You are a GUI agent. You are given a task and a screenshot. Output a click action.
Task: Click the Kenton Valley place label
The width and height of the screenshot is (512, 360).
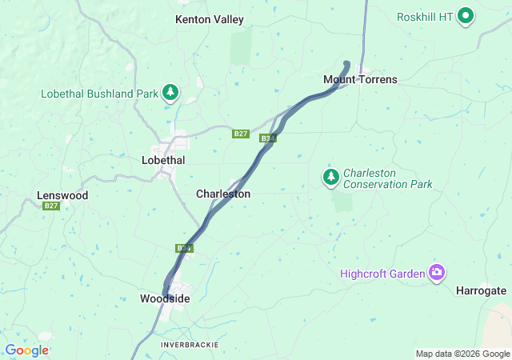pyautogui.click(x=210, y=19)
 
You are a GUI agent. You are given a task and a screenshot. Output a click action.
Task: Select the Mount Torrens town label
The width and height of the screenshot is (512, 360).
pyautogui.click(x=360, y=79)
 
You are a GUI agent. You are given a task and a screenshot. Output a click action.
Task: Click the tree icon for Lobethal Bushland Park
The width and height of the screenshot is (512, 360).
pyautogui.click(x=170, y=94)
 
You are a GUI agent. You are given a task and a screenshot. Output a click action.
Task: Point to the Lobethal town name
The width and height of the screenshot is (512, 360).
pyautogui.click(x=163, y=160)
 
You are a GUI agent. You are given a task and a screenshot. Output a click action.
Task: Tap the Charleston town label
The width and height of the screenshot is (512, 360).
pyautogui.click(x=223, y=194)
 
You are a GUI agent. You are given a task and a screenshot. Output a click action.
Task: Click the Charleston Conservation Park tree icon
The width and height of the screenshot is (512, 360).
pyautogui.click(x=330, y=177)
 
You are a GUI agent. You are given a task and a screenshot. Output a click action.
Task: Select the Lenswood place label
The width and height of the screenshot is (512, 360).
pyautogui.click(x=62, y=195)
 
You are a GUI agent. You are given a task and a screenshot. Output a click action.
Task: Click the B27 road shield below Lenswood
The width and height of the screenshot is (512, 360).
pyautogui.click(x=51, y=206)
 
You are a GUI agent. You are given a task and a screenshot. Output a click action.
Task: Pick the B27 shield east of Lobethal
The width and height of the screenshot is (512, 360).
pyautogui.click(x=241, y=134)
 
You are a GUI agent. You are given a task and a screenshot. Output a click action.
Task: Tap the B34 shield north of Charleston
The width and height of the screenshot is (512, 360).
pyautogui.click(x=268, y=139)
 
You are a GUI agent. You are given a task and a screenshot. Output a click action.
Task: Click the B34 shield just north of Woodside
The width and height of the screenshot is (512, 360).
pyautogui.click(x=185, y=248)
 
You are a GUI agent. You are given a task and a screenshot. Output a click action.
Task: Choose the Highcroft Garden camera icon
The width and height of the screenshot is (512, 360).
pyautogui.click(x=436, y=274)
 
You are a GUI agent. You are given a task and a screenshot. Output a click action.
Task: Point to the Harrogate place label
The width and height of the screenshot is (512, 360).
pyautogui.click(x=481, y=290)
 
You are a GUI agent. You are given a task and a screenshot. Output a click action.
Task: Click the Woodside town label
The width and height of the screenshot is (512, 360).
pyautogui.click(x=165, y=298)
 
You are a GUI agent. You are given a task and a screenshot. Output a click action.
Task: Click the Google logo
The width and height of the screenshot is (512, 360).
pyautogui.click(x=26, y=350)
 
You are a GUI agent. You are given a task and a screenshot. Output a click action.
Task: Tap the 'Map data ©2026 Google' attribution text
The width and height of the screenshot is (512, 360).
pyautogui.click(x=462, y=354)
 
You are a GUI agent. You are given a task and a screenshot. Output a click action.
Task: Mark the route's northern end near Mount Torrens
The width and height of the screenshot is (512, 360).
pyautogui.click(x=346, y=63)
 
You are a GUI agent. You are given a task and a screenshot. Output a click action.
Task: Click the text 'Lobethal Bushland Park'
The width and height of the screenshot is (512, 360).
pyautogui.click(x=99, y=94)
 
